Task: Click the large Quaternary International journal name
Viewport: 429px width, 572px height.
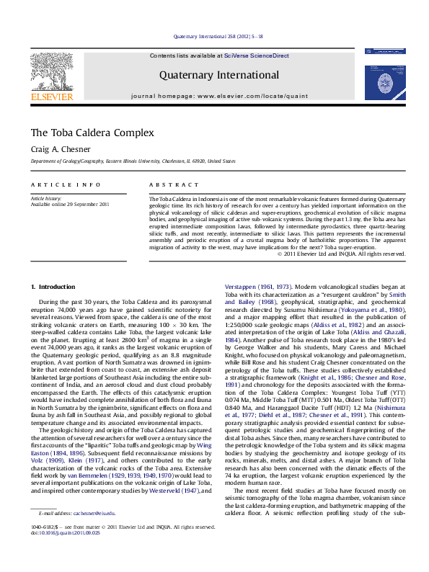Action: pos(220,75)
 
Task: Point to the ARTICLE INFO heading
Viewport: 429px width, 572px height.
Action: pos(66,184)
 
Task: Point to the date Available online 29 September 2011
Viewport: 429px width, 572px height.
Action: pos(70,205)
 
